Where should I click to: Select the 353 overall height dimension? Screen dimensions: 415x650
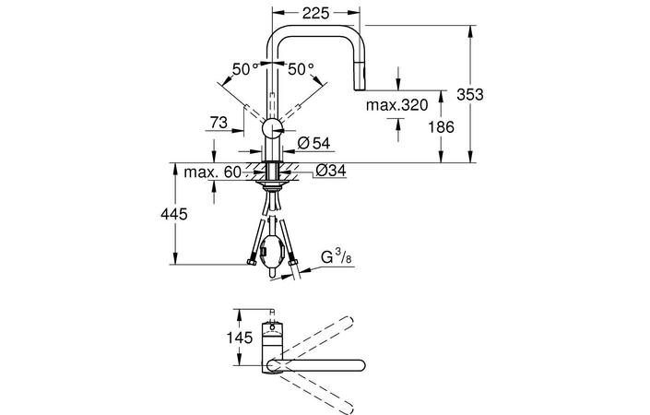tap(470, 95)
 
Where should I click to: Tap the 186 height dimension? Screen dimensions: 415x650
tap(442, 127)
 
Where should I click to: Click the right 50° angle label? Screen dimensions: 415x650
tap(301, 69)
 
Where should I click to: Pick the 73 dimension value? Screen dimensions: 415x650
tap(219, 122)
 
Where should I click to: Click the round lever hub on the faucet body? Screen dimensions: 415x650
tap(273, 128)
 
